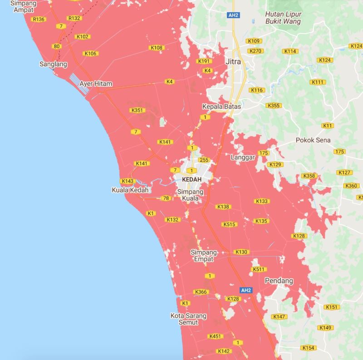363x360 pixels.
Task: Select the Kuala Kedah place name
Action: point(130,190)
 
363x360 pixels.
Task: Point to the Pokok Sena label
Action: point(313,140)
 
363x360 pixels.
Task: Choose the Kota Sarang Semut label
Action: point(188,319)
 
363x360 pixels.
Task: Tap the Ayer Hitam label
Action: point(95,84)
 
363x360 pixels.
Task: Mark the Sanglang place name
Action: point(53,64)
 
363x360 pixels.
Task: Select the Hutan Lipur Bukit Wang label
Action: point(283,18)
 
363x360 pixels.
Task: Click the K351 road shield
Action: point(137,110)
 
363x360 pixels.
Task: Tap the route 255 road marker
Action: point(204,160)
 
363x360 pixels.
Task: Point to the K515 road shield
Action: point(230,224)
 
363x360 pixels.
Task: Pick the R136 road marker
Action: point(39,19)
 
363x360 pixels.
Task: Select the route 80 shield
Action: point(56,46)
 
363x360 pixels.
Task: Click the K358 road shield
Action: point(309,176)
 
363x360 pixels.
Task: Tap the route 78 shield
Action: point(166,198)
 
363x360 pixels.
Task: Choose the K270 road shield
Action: point(255,51)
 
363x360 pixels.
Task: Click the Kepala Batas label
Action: point(221,107)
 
